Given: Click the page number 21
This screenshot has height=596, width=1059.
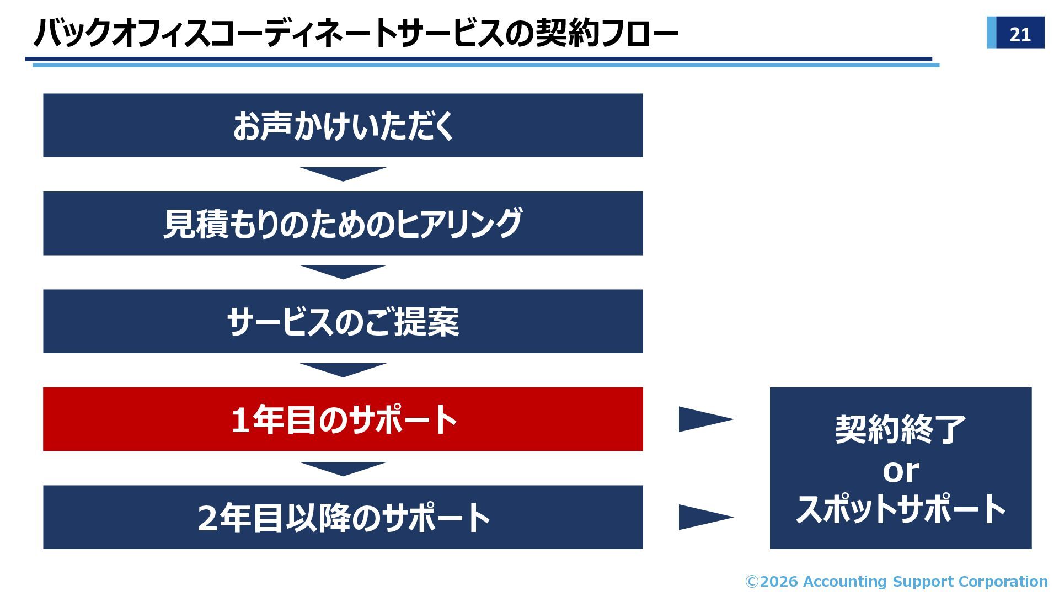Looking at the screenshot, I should pos(1020,34).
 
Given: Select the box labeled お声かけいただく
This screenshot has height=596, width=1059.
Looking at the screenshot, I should pos(343,125).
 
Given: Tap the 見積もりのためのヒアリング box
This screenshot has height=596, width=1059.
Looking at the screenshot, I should pos(343,223).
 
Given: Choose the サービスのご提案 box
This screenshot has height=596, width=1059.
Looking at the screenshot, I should pos(343,321).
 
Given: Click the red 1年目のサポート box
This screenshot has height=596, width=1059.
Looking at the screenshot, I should pos(343,419).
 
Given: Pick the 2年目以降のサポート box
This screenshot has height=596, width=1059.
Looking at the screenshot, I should pos(343,517).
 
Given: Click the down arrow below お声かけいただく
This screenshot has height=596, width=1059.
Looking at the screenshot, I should pos(343,173).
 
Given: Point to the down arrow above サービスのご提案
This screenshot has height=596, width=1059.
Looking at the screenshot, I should pos(343,272).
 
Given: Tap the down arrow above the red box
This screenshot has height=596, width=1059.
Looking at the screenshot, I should pos(343,369).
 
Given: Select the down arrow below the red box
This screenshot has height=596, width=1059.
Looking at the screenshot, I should pos(343,468).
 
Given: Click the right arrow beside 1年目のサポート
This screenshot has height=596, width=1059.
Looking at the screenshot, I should pos(703,419).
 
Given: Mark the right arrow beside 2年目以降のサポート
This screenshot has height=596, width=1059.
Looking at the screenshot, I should pos(703,517).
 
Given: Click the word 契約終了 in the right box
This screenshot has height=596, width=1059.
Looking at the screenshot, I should pos(900,429).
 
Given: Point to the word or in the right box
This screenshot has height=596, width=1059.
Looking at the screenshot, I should pos(900,471).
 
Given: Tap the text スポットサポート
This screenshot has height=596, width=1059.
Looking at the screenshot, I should pos(900,509).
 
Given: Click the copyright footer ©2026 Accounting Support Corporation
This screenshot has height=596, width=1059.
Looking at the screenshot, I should pos(896,582).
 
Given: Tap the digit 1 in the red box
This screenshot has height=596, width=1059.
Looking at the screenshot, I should pos(240,420).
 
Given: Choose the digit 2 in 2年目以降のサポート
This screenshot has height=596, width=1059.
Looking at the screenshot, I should pos(207,518).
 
